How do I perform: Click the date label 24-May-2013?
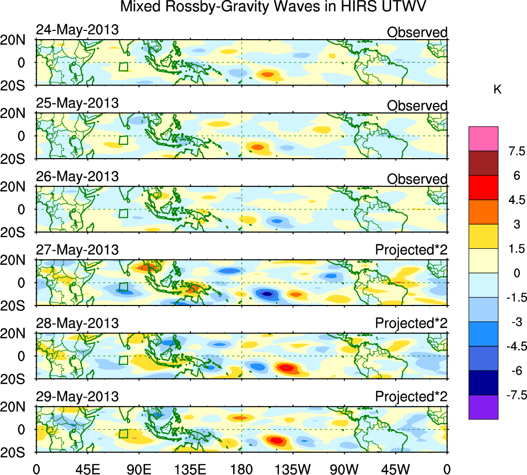pos(77,30)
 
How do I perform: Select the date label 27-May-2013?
pos(77,250)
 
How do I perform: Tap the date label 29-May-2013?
pos(77,397)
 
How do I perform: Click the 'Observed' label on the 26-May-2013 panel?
pos(417,179)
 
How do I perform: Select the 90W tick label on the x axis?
pos(344,469)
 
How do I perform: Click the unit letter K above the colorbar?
pos(498,90)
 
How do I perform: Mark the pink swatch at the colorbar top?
pos(483,139)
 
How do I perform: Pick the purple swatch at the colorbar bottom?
pos(483,407)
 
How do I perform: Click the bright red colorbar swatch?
pos(483,188)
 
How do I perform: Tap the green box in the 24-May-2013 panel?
pos(123,66)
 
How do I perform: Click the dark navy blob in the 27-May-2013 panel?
pos(267,294)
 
